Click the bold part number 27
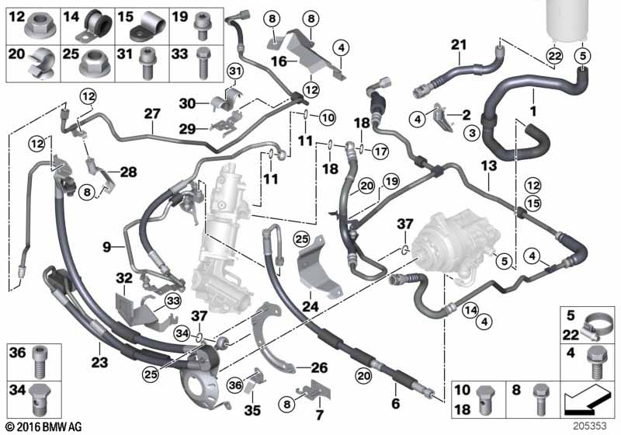click(x=152, y=113)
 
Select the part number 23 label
click(x=99, y=362)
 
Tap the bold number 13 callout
click(x=489, y=165)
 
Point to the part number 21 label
click(x=459, y=45)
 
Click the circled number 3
click(x=472, y=133)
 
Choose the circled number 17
click(x=380, y=151)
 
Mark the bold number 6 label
click(x=396, y=403)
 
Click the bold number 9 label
click(x=107, y=247)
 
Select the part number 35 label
click(x=252, y=410)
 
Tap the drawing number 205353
click(x=590, y=426)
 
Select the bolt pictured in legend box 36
click(x=39, y=361)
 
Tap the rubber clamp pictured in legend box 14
click(x=94, y=26)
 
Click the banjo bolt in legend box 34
click(x=40, y=398)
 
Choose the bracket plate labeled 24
click(x=318, y=267)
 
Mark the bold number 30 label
click(x=187, y=104)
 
